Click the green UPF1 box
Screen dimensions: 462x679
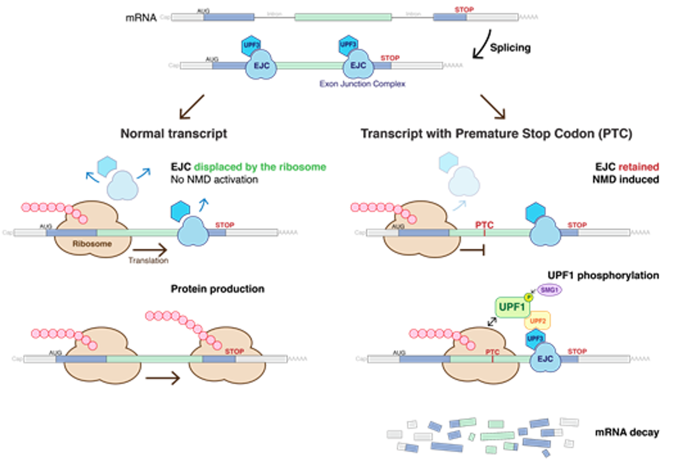512,307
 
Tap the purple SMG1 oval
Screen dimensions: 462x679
549,290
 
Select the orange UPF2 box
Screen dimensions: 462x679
538,321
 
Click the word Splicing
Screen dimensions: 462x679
510,48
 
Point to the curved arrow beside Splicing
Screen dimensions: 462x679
482,45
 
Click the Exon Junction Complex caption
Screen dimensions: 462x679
362,84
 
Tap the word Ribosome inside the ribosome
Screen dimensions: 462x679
92,244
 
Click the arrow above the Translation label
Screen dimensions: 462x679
150,250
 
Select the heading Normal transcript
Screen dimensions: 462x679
174,134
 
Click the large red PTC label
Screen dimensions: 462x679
484,225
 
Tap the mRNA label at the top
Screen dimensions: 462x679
141,18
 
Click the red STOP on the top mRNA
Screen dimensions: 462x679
464,9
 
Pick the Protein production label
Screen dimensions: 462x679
217,289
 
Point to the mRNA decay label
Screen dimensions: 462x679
627,432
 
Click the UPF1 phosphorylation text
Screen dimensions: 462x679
603,275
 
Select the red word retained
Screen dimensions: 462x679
639,167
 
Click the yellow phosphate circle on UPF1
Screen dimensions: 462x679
528,297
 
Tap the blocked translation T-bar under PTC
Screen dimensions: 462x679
473,250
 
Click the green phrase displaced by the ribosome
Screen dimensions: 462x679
260,167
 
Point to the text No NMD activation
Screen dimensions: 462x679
214,179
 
